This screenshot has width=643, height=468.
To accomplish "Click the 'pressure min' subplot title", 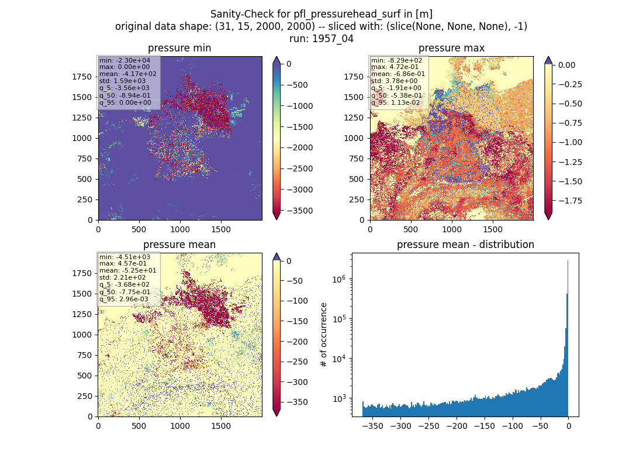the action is pos(179,48).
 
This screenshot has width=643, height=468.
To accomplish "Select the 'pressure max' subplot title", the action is pos(451,48).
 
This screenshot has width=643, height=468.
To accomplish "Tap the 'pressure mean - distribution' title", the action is pos(465,245).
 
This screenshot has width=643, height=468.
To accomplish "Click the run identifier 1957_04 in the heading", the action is pos(333,39).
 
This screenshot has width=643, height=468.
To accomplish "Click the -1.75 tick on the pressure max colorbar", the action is pos(570,201).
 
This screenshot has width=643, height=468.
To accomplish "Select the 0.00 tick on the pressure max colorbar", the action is pos(567,65).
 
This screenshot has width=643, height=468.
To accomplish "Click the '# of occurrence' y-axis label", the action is pos(324,335).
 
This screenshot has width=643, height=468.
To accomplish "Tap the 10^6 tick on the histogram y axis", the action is pos(338,279).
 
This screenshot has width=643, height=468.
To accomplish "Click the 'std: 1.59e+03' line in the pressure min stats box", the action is pos(122,81).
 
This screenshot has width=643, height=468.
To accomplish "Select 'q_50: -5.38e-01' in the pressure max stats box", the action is pos(396,95).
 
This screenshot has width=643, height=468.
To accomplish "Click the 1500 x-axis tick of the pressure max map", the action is pos(493,229).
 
